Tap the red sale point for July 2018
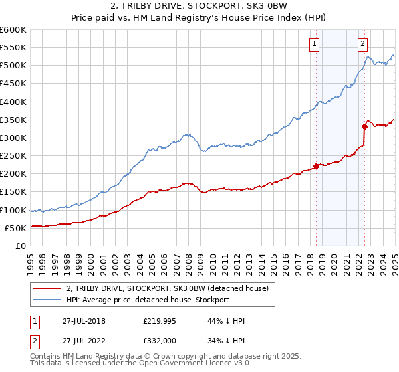(x=316, y=166)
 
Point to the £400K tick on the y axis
(x=13, y=102)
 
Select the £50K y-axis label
(x=16, y=228)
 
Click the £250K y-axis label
(x=13, y=155)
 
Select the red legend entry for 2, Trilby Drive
(x=167, y=288)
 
